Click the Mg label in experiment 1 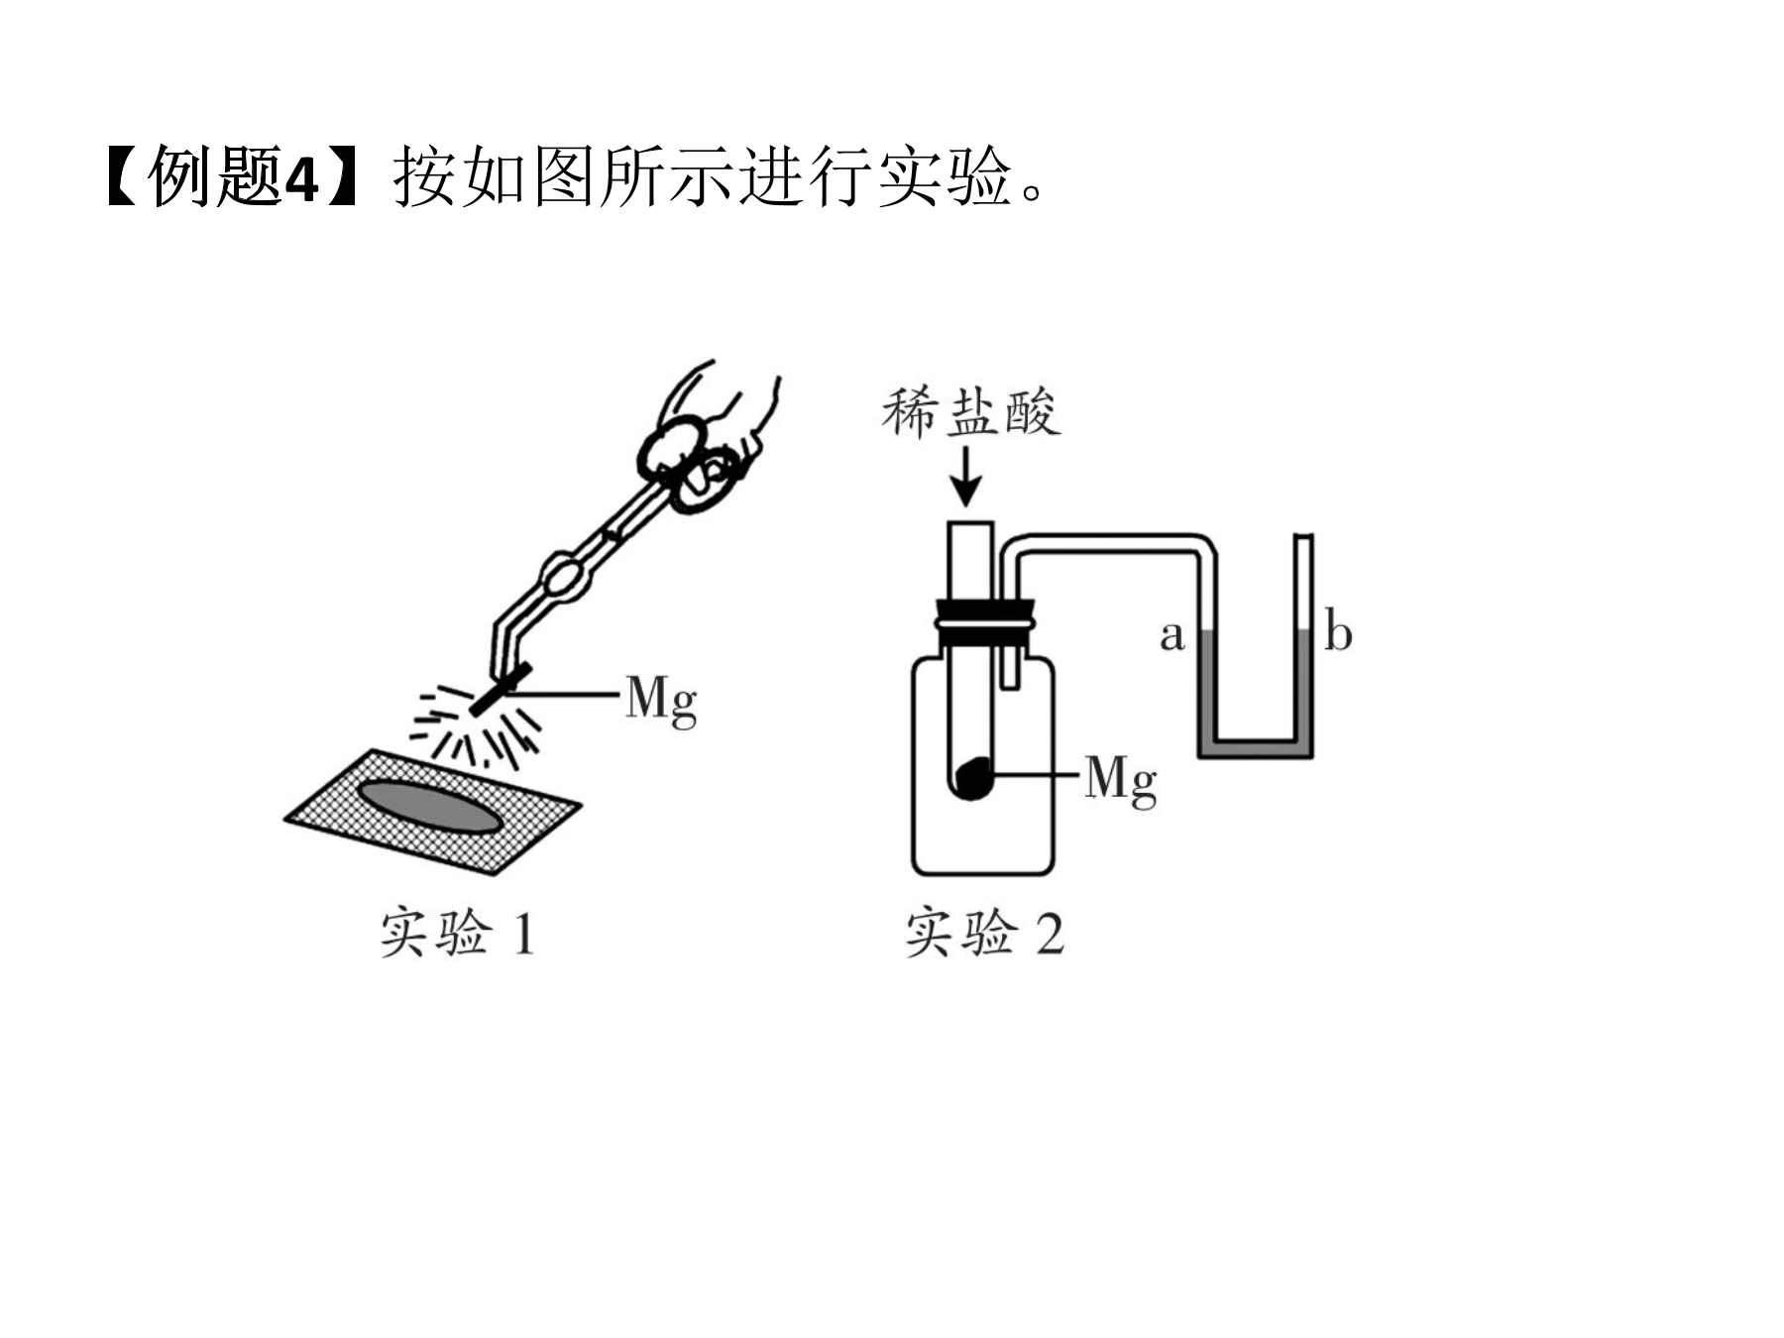[x=661, y=701]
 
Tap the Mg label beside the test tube [x=1120, y=780]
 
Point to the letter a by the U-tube [x=1172, y=635]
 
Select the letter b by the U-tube [x=1338, y=632]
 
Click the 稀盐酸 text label [x=971, y=412]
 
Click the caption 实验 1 [x=458, y=933]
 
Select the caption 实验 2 [x=984, y=933]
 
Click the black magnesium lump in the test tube [x=974, y=777]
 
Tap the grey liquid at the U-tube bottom [x=1256, y=748]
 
